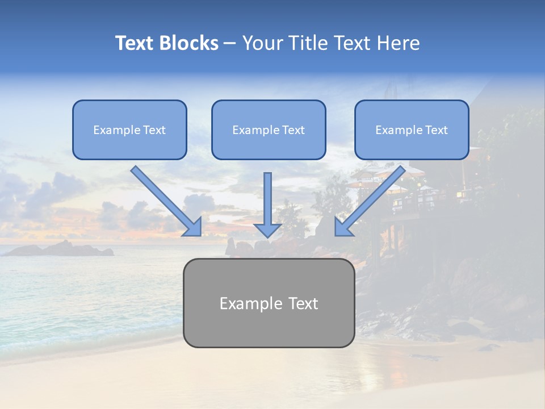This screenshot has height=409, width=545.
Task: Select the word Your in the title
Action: [x=263, y=43]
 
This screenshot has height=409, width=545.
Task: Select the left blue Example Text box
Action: [x=129, y=130]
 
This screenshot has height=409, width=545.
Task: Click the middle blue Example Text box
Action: [x=269, y=130]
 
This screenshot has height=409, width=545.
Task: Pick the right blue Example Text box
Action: [x=412, y=130]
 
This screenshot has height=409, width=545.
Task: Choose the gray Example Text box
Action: [x=269, y=303]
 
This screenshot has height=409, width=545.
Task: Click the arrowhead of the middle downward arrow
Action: [x=267, y=229]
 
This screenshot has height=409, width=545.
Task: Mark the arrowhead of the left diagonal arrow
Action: [x=192, y=227]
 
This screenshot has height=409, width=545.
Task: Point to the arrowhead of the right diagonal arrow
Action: [x=343, y=227]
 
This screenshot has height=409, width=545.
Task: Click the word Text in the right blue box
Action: [x=436, y=130]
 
